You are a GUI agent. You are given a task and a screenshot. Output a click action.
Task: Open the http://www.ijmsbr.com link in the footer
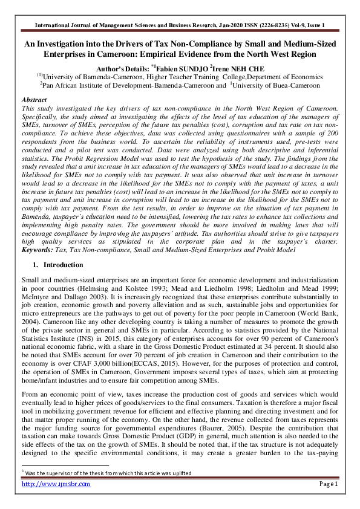(x=56, y=484)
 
